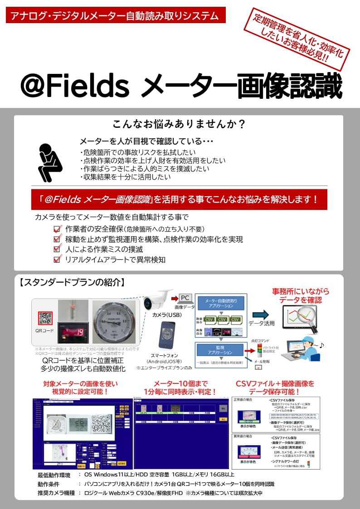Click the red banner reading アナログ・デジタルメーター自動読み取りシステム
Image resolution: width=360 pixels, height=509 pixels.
[x=116, y=15]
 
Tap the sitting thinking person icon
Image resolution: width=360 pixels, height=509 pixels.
[x=47, y=161]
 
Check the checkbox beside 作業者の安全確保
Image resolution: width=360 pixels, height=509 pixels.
[x=57, y=229]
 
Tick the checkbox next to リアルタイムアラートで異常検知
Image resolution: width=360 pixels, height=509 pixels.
[x=57, y=260]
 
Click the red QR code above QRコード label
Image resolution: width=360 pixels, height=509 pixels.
[x=45, y=318]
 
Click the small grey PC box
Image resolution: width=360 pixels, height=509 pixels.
[x=185, y=298]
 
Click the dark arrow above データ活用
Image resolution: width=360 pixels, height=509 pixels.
[x=260, y=315]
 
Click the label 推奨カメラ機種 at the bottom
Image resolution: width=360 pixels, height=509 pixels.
[x=56, y=493]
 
